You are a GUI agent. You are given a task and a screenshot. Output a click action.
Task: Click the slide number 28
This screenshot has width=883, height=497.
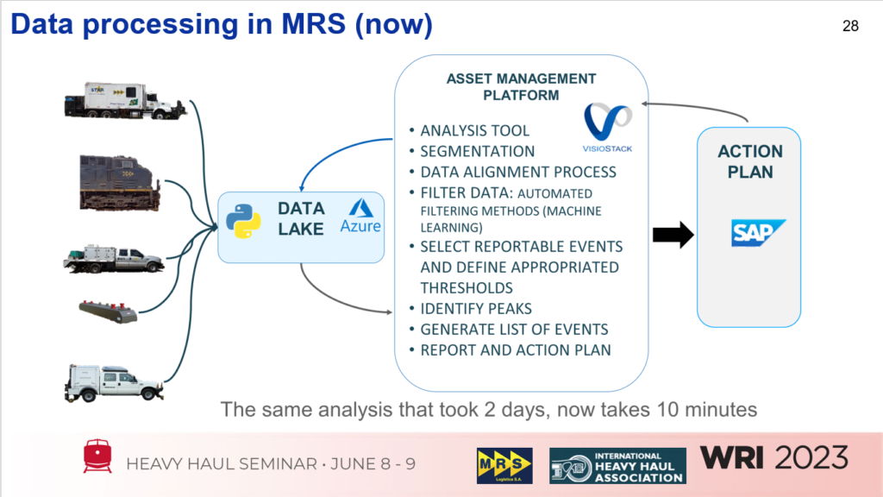coord(850,26)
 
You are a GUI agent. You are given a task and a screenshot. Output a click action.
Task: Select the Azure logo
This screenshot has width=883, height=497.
coord(360,218)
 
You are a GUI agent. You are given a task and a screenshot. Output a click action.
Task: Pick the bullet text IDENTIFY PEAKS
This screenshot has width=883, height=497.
coord(475,308)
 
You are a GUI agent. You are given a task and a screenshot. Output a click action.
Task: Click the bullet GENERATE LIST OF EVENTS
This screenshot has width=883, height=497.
coord(514,329)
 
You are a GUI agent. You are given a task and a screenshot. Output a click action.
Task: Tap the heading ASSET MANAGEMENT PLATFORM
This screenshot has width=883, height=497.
coord(521,86)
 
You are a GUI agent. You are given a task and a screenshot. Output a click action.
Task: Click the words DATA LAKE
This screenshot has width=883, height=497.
coord(300,218)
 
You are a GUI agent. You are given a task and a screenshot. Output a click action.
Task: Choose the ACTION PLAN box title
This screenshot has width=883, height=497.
coord(750,161)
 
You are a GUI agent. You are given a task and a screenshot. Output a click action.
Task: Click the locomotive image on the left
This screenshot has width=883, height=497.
coord(119,182)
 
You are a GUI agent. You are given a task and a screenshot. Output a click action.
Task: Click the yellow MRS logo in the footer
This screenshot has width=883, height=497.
coord(504,465)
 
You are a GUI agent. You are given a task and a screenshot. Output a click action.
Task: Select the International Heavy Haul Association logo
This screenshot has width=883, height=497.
coord(617,465)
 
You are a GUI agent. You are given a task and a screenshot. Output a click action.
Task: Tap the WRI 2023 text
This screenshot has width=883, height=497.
coord(773,457)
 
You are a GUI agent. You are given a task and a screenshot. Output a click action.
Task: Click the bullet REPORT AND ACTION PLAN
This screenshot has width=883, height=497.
coord(515,349)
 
